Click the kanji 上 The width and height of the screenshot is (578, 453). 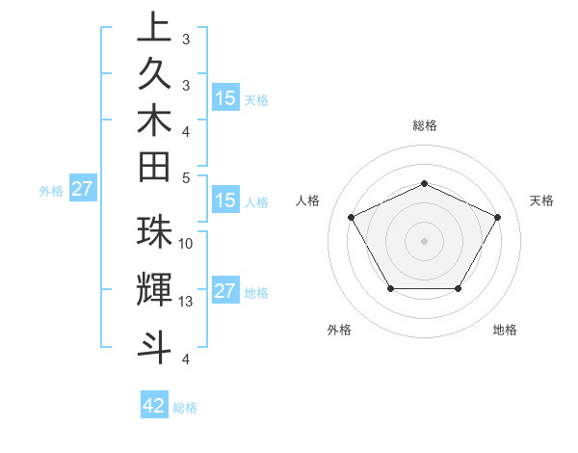(154, 27)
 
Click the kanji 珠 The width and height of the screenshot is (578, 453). (154, 232)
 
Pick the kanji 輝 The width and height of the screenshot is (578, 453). (154, 290)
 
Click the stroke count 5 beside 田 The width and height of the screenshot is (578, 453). (186, 177)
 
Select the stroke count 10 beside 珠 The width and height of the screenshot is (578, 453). (187, 244)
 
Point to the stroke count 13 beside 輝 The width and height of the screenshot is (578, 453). (187, 302)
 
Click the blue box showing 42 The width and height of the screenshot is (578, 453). (154, 406)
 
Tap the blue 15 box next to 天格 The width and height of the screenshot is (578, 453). (225, 97)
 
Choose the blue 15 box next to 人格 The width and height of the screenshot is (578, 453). (225, 200)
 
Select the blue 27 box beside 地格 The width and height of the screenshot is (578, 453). (225, 291)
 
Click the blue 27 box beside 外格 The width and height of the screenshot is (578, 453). (82, 189)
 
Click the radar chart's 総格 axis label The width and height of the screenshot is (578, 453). (424, 125)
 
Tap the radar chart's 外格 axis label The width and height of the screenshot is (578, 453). (339, 330)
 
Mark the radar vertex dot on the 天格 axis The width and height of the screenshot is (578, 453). (498, 217)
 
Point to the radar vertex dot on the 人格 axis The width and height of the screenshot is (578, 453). (351, 217)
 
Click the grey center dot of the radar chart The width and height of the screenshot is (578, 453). (424, 240)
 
